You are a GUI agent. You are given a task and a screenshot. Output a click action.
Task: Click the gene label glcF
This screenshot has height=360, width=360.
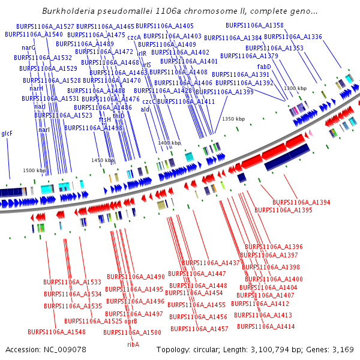pyautogui.click(x=7, y=133)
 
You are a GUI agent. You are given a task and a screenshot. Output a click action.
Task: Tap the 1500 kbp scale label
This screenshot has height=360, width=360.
pyautogui.click(x=34, y=171)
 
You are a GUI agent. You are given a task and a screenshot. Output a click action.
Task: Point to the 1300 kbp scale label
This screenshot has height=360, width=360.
pyautogui.click(x=295, y=88)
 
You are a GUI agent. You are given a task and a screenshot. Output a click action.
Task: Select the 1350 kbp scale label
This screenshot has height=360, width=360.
pyautogui.click(x=233, y=119)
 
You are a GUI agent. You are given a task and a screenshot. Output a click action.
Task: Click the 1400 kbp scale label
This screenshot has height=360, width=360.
pyautogui.click(x=169, y=143)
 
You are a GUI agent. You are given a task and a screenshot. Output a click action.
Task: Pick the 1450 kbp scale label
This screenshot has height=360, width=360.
pyautogui.click(x=103, y=160)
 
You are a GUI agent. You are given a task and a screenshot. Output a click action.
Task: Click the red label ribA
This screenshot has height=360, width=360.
pyautogui.click(x=133, y=344)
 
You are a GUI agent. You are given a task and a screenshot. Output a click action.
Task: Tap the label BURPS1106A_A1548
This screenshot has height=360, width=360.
pyautogui.click(x=56, y=332)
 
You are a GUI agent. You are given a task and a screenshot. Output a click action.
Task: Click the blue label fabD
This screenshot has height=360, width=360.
pyautogui.click(x=264, y=67)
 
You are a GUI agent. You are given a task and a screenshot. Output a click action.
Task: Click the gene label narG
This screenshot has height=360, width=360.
pyautogui.click(x=28, y=47)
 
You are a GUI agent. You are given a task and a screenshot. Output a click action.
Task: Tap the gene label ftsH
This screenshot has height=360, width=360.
pyautogui.click(x=105, y=119)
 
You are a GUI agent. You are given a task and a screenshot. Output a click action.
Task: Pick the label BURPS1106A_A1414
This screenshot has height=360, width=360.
pyautogui.click(x=266, y=326)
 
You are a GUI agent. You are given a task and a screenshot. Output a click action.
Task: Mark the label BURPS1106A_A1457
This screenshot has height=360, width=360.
pyautogui.click(x=199, y=329)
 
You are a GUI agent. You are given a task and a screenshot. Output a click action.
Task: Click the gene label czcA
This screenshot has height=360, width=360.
pyautogui.click(x=134, y=37)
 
